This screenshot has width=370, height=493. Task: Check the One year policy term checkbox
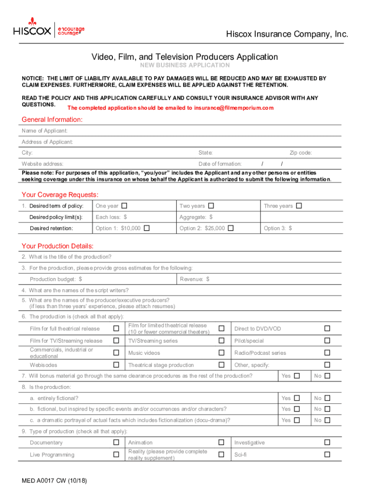(x=124, y=206)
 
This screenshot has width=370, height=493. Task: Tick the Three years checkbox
(x=299, y=206)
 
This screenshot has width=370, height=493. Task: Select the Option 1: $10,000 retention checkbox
(x=147, y=228)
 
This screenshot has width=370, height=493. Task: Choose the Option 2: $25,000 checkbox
(x=231, y=228)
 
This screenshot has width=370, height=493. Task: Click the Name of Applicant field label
(x=45, y=131)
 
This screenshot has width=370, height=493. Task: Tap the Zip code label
(x=300, y=153)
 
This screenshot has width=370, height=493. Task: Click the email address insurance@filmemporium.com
(x=234, y=108)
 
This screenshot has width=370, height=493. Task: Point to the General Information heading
(x=52, y=119)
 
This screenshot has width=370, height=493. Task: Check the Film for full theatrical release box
(x=116, y=328)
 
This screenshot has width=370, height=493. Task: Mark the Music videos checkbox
(x=222, y=353)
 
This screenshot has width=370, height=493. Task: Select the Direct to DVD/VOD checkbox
(x=327, y=328)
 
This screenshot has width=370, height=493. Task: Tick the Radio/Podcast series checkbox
(x=327, y=353)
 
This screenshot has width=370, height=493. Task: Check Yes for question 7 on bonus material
(x=297, y=376)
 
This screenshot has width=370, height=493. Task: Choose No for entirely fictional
(x=327, y=398)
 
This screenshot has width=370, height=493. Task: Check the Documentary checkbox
(x=116, y=442)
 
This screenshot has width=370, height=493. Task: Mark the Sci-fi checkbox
(x=327, y=454)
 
